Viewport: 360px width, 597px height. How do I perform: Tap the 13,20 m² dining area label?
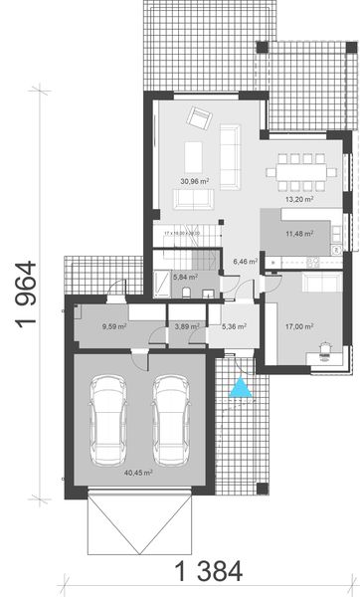coord(301,199)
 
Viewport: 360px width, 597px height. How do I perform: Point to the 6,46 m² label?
coord(245,262)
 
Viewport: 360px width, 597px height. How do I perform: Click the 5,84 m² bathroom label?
coord(184,279)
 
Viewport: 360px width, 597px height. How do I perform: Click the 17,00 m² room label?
coord(300,324)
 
